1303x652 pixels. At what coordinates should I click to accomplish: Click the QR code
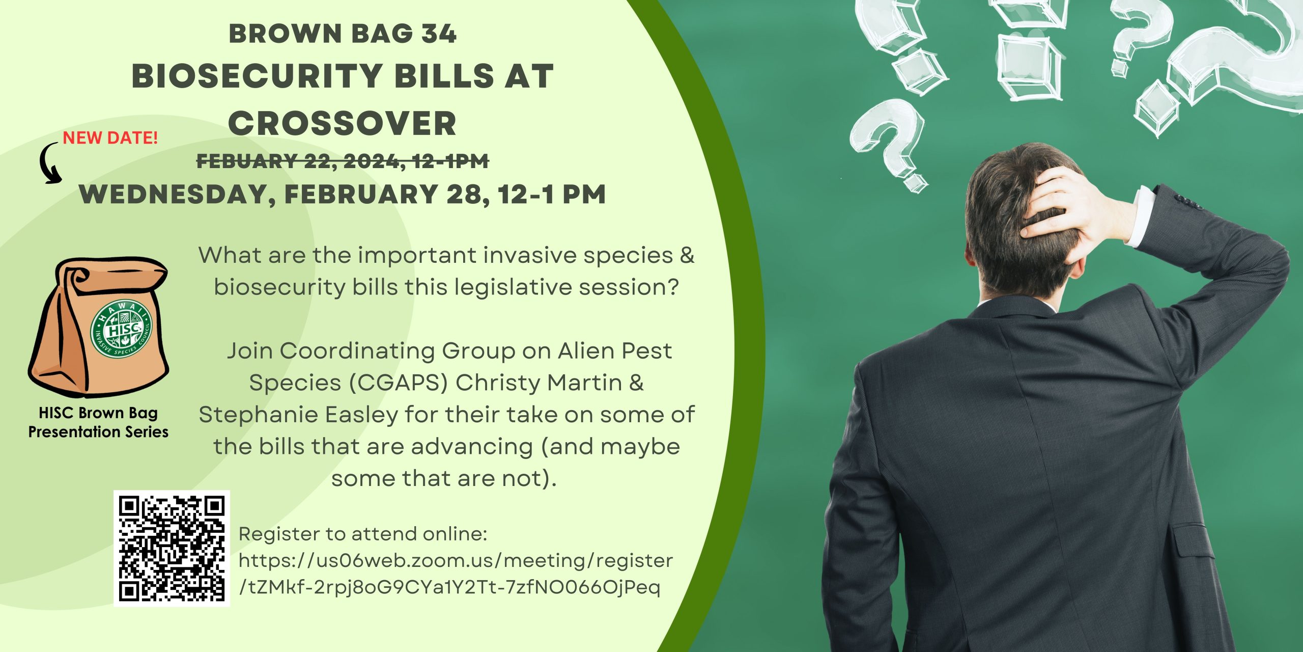pos(172,548)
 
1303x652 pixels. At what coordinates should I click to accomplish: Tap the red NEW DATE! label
pos(110,138)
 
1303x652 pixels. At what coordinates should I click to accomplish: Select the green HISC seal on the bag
pos(121,329)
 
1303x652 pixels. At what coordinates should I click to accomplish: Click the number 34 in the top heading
pos(439,34)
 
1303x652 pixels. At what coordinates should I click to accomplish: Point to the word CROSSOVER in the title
pos(342,123)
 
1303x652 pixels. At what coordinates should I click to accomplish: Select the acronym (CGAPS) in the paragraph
pos(398,383)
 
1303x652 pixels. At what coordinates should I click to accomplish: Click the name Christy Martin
pos(539,383)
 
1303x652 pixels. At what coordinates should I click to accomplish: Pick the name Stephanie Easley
pos(298,415)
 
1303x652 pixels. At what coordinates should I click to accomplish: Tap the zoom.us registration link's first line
pos(456,561)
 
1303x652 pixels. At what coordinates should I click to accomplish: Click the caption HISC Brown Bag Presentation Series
pos(98,422)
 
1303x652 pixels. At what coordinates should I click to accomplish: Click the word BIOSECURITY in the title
pos(258,76)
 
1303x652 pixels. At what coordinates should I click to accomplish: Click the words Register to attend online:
pos(363,534)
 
